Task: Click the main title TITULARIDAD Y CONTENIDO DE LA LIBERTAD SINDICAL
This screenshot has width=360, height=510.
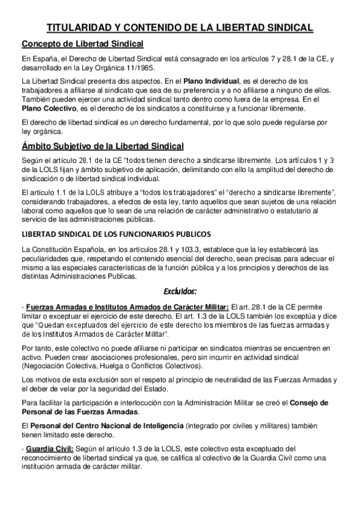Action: pos(180,28)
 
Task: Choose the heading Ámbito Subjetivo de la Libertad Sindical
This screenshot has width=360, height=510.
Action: pos(103,147)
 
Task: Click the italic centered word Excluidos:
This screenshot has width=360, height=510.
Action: pos(180,292)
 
